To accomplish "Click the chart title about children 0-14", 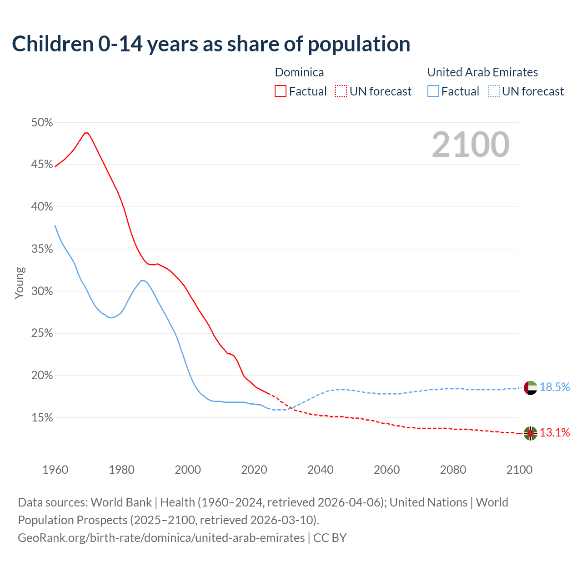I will pos(211,44).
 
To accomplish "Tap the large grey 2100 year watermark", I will pos(471,145).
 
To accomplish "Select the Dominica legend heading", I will pos(299,72).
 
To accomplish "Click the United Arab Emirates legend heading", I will pos(482,72).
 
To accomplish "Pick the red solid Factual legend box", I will pos(281,91).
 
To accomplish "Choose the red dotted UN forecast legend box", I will pos(341,91).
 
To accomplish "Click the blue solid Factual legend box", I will pos(433,91).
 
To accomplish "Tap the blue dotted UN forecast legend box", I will pos(493,91).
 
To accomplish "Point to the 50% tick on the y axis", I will pos(42,123).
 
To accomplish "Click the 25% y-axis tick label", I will pos(42,333).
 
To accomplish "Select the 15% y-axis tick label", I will pos(42,418).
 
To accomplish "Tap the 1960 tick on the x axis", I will pos(55,470).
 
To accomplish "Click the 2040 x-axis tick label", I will pos(320,470).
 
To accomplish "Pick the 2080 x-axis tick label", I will pos(453,470).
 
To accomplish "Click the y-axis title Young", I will pos(19,283).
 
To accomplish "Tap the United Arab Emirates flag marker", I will pos(530,388).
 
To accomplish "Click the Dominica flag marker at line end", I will pos(530,433).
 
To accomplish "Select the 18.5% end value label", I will pos(555,387).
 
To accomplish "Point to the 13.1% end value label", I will pos(555,432).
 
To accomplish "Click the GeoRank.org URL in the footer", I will pos(161,537).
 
